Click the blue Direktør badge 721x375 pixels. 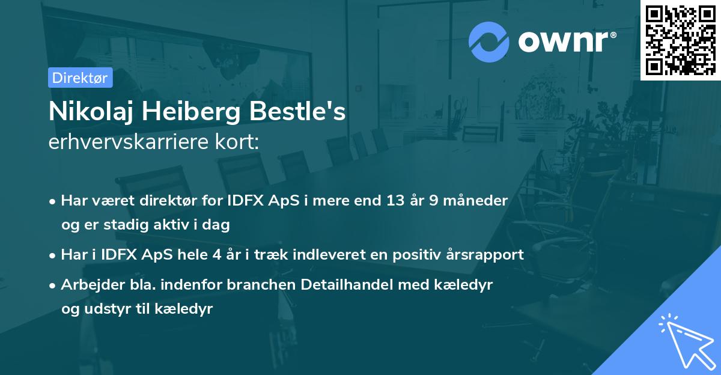[79, 78]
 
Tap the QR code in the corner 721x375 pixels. [680, 40]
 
